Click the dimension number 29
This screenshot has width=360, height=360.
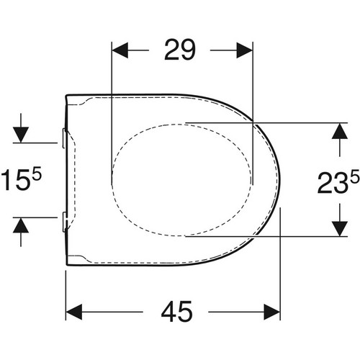point(180,50)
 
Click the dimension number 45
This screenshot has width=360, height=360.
point(177,312)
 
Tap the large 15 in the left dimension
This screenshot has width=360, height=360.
point(15,179)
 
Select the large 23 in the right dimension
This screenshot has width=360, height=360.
point(333,184)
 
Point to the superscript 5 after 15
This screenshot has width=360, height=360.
point(37,174)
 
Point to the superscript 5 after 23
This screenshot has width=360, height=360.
point(355,176)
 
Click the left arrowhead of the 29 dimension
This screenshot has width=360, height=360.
point(120,50)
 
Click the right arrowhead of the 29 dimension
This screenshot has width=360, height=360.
point(245,50)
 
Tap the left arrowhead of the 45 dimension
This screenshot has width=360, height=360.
point(74,312)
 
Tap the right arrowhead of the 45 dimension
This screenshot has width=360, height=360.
point(272,312)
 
